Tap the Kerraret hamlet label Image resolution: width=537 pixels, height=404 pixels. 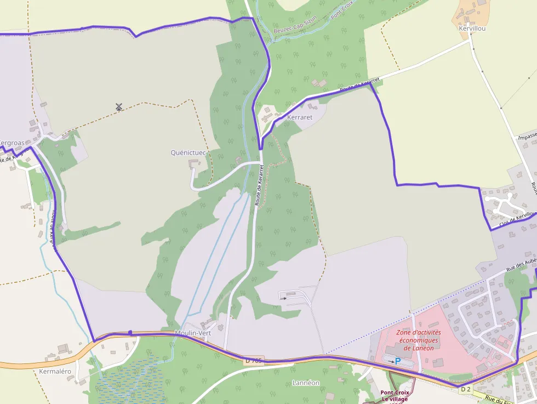[299, 117]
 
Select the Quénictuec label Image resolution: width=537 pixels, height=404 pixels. [188, 152]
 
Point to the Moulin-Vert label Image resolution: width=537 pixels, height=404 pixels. [193, 333]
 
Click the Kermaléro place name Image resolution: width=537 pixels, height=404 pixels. [55, 371]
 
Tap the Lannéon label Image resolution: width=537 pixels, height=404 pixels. [306, 383]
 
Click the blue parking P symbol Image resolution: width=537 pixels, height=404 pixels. [398, 361]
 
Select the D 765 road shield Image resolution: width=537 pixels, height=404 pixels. [254, 361]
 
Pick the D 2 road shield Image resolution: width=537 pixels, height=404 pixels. [465, 389]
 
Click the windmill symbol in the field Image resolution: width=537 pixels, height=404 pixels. [119, 106]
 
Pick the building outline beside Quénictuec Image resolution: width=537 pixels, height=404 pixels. [194, 163]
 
